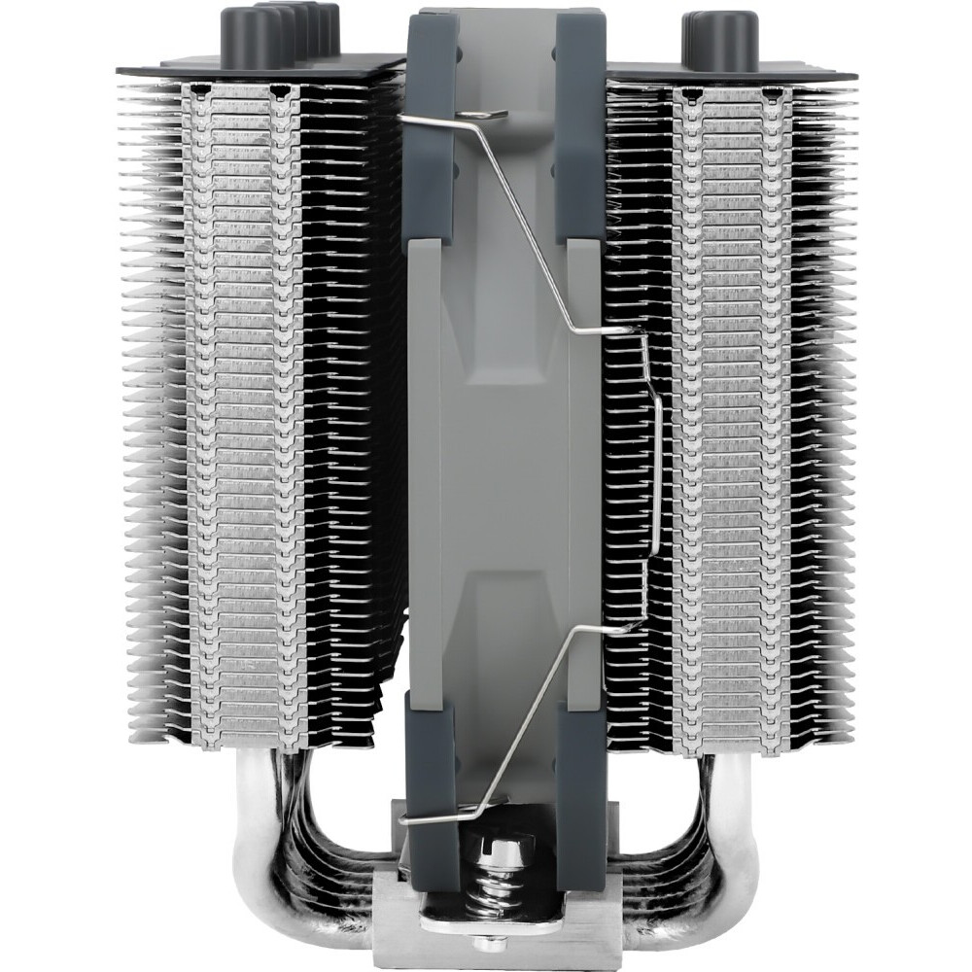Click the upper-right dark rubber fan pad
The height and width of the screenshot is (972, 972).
(580, 126)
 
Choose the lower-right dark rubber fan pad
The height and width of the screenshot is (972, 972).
(580, 768)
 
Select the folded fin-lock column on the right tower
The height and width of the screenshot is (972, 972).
(729, 418)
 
